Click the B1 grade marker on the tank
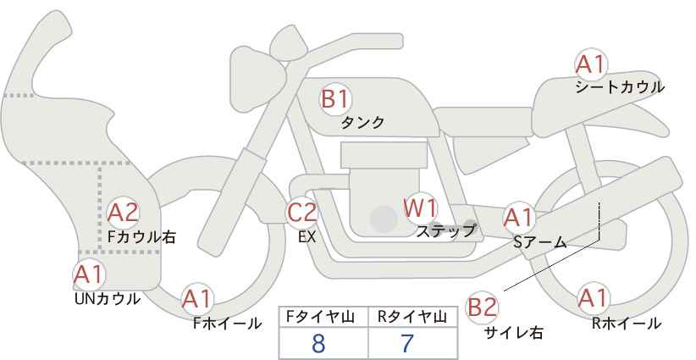tap(335, 99)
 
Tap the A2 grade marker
tap(124, 213)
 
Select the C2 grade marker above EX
tap(301, 213)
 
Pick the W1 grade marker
tap(420, 208)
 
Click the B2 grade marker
tap(482, 307)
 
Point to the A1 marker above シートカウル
tap(591, 64)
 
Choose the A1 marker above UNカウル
tap(89, 275)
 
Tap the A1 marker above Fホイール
tap(196, 299)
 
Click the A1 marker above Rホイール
tap(593, 298)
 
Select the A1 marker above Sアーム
tap(518, 218)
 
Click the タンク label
tap(362, 123)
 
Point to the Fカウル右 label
tap(141, 237)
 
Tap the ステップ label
tap(445, 231)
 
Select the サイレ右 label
tap(514, 333)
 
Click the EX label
tap(307, 237)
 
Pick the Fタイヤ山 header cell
tap(323, 317)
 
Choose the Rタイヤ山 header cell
tap(412, 317)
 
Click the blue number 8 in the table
tap(318, 343)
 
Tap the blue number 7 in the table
tap(407, 343)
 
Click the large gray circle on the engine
tap(384, 219)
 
